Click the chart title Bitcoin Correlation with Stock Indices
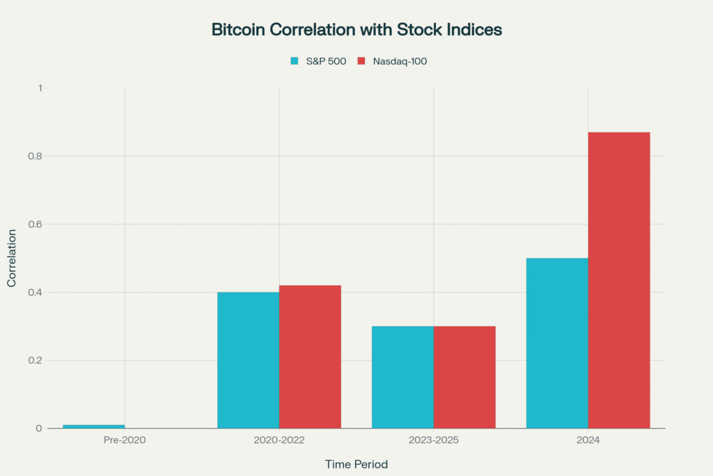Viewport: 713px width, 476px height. pos(356,30)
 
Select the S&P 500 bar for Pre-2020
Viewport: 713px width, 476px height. pos(94,426)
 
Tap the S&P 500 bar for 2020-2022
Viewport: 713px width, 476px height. pos(248,360)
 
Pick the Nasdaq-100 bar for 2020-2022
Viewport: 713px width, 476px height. pos(310,356)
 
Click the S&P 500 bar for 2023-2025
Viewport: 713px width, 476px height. pos(402,377)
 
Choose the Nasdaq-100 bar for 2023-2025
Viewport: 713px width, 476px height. pos(464,377)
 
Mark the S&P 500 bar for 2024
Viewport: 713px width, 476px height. pos(557,343)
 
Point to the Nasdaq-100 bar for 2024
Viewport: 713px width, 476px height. pos(619,280)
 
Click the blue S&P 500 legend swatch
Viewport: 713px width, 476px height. pos(295,61)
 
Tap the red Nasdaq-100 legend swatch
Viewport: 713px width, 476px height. pos(361,61)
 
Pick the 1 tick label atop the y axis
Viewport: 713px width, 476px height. pos(40,88)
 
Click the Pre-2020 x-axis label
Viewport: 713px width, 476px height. pos(125,441)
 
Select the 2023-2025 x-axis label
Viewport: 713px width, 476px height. pos(433,441)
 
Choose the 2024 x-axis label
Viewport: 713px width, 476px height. pos(588,441)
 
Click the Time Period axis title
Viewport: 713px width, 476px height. pos(356,463)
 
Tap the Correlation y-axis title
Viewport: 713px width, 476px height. pos(12,258)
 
